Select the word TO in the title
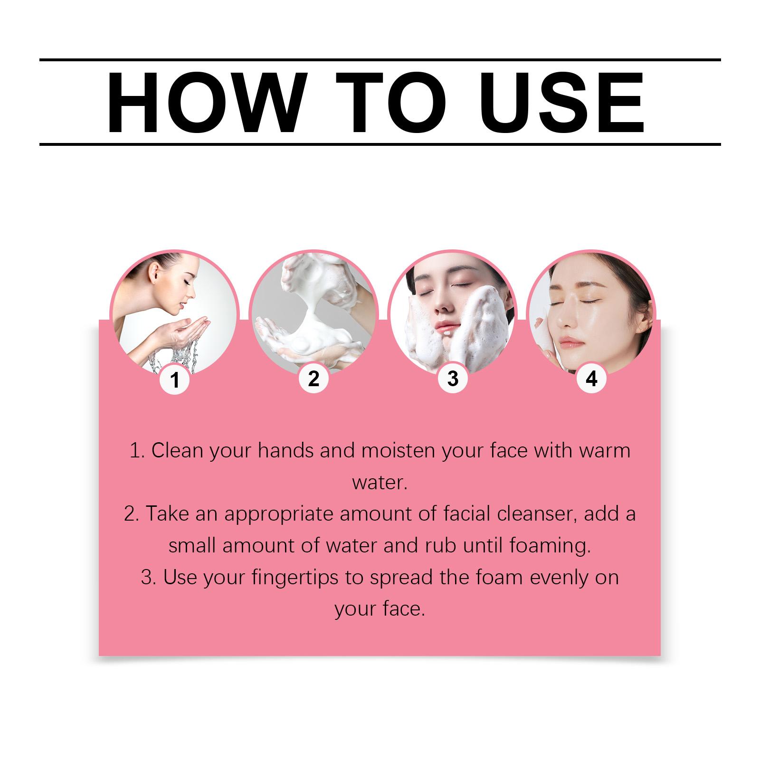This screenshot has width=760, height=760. (x=391, y=103)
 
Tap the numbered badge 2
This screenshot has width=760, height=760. (x=313, y=379)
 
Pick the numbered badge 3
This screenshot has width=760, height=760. (x=453, y=379)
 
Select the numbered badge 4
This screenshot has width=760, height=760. (x=591, y=379)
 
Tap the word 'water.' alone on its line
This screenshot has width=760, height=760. (x=380, y=483)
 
